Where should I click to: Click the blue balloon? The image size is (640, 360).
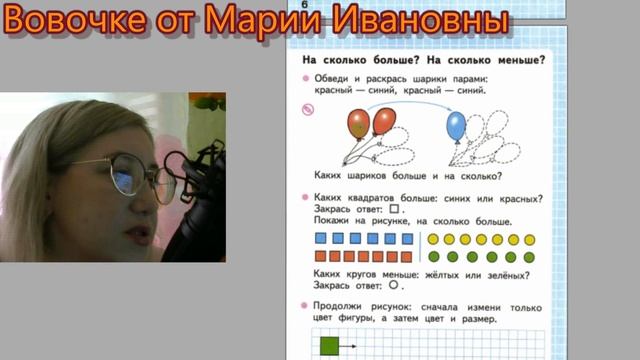click(456, 126)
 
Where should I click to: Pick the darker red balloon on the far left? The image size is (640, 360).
click(359, 125)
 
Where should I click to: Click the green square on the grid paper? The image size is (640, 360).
click(330, 346)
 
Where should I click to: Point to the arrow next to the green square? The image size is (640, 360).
click(349, 346)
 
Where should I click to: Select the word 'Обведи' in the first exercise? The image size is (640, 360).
click(332, 79)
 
